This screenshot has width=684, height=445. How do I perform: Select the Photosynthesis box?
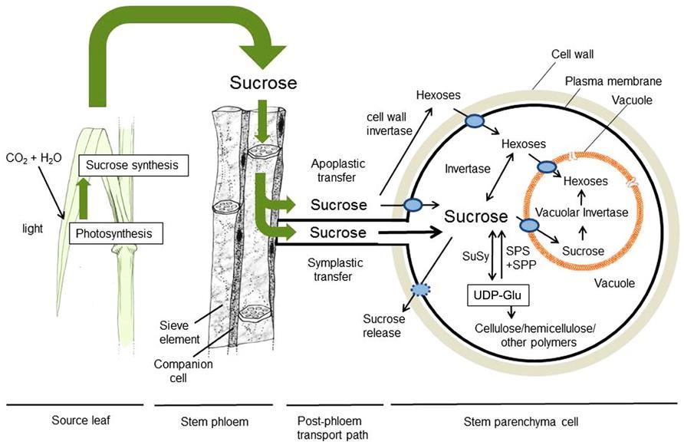click(113, 233)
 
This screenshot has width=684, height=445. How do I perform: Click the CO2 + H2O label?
click(34, 158)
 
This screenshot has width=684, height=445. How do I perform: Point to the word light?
click(33, 229)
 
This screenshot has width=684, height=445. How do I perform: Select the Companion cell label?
click(183, 371)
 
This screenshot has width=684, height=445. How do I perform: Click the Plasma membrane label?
click(613, 81)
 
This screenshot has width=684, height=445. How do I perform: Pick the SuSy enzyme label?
click(475, 256)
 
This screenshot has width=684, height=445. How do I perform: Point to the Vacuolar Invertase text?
click(581, 213)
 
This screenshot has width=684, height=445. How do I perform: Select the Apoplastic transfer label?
click(337, 170)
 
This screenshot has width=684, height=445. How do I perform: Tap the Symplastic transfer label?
click(335, 269)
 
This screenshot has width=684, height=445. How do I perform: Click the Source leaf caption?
click(81, 420)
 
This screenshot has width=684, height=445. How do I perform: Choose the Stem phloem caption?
click(214, 421)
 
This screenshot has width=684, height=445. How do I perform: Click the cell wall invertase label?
click(389, 124)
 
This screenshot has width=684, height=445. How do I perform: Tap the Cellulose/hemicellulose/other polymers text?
click(534, 335)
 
